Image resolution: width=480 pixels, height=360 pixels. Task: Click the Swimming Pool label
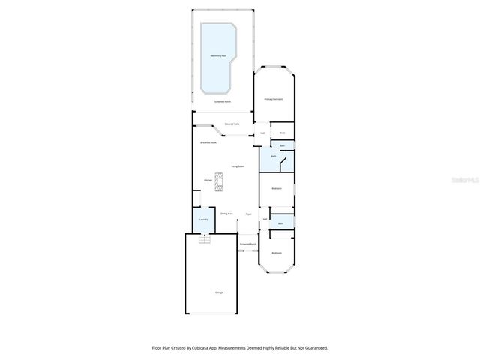click(219, 56)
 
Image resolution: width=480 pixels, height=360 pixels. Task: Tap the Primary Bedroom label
click(273, 99)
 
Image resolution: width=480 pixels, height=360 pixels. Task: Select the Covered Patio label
click(232, 124)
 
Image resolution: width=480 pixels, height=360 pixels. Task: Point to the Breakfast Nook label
click(208, 142)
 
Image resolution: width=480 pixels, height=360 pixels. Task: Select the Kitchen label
click(208, 180)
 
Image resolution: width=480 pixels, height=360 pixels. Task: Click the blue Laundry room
click(202, 220)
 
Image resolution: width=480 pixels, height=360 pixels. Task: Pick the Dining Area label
click(226, 214)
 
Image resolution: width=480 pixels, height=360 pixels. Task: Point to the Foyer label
click(248, 214)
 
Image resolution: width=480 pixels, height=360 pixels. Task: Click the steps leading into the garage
click(202, 238)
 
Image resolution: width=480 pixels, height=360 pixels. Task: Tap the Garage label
click(219, 292)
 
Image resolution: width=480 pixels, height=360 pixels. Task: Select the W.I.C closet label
click(280, 133)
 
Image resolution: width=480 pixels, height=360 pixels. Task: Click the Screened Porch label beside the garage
click(248, 244)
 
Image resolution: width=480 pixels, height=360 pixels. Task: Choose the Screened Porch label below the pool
click(222, 101)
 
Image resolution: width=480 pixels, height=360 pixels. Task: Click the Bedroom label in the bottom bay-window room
click(276, 253)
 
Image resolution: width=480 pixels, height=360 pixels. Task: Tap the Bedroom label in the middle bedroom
click(276, 188)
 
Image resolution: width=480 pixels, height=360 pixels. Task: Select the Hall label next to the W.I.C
click(262, 133)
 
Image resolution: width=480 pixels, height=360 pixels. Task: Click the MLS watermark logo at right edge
click(466, 181)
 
